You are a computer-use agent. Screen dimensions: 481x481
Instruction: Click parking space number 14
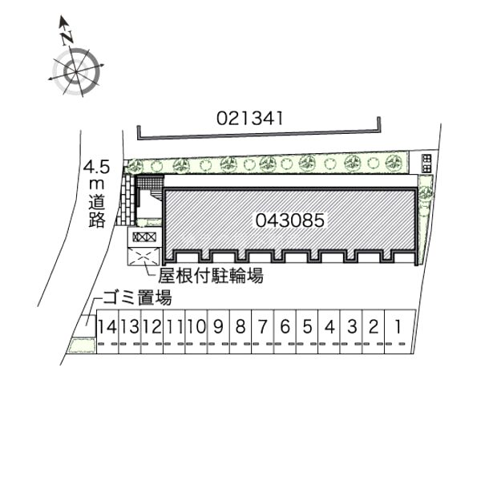[x=107, y=326]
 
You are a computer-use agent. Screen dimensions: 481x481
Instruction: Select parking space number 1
[x=398, y=326]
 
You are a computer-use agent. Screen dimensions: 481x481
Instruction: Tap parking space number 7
[x=263, y=326]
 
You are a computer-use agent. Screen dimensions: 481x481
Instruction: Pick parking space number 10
[x=196, y=326]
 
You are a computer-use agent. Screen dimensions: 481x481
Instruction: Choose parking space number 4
[x=329, y=326]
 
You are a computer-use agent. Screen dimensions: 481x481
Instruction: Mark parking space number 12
[x=152, y=326]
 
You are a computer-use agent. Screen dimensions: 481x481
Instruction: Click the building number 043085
[x=290, y=220]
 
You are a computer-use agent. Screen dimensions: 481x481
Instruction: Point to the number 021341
[x=249, y=118]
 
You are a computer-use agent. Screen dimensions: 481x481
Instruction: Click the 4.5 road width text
[x=97, y=168]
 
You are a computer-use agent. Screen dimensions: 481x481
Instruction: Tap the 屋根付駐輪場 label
[x=211, y=275]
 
